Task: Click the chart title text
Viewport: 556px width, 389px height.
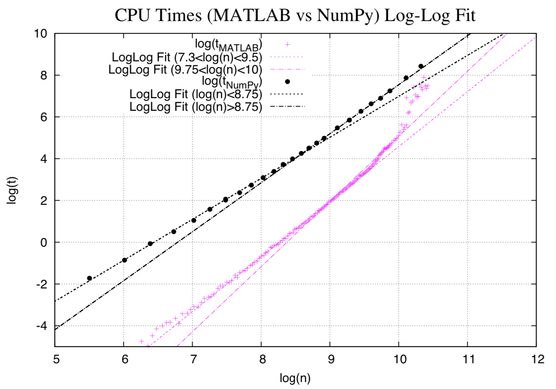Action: click(295, 15)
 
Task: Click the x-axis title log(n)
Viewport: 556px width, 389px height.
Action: click(294, 378)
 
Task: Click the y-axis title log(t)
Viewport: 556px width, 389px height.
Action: click(12, 190)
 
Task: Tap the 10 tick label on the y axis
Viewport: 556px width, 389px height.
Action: click(41, 34)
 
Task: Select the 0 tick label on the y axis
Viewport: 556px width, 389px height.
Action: click(44, 242)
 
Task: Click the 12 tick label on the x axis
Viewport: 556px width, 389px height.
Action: click(538, 359)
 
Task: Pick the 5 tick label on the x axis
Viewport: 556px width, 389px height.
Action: click(56, 359)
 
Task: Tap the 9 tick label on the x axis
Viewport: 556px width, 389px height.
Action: click(331, 359)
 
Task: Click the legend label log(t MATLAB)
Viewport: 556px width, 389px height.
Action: click(229, 45)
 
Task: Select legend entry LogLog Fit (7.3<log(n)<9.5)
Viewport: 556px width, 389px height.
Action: click(187, 58)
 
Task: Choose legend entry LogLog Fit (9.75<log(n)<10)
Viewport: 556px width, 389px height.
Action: click(185, 70)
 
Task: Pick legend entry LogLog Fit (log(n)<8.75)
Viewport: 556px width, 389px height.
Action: click(196, 94)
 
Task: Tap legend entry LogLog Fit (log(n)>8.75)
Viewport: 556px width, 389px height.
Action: click(196, 106)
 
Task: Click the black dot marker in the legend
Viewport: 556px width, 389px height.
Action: click(287, 82)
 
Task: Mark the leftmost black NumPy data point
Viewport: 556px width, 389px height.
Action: click(89, 278)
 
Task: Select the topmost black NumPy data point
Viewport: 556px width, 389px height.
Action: click(421, 66)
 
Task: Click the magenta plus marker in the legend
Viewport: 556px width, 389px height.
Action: click(287, 45)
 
